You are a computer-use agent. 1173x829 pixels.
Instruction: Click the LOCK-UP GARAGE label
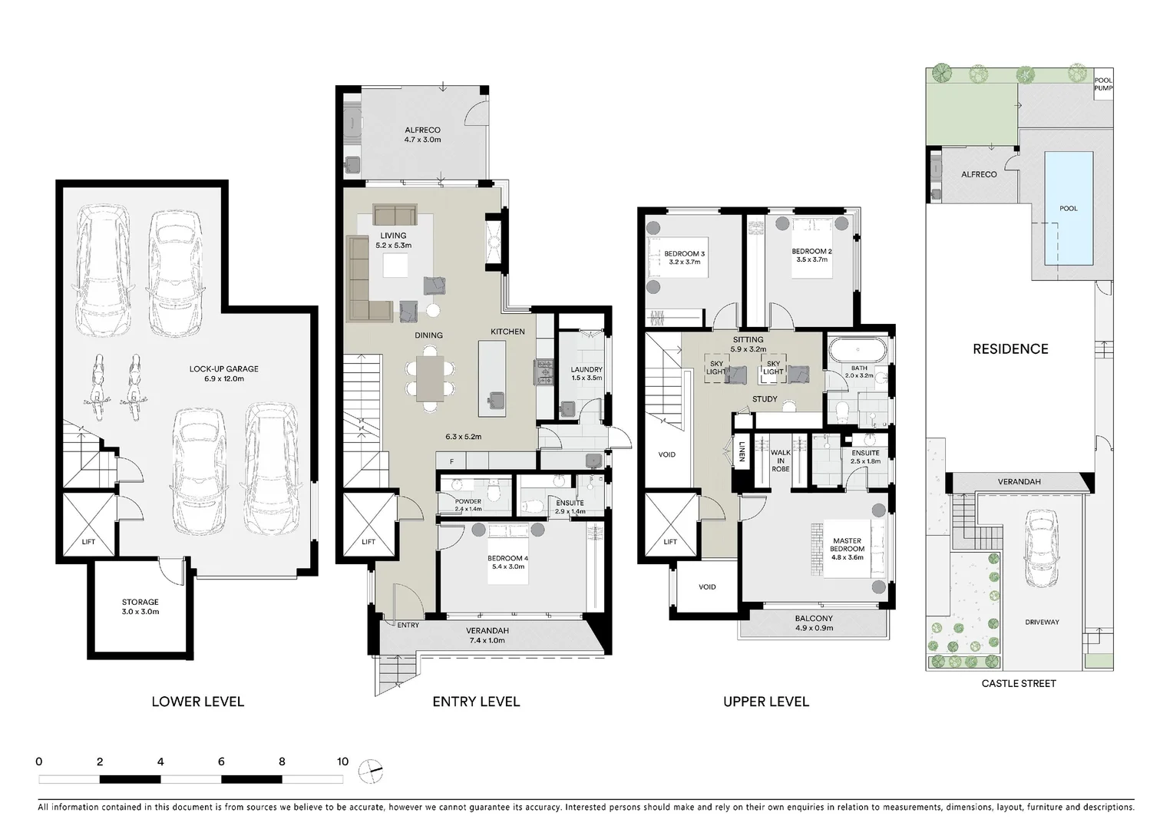(223, 374)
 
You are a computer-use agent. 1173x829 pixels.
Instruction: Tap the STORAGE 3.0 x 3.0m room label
(140, 606)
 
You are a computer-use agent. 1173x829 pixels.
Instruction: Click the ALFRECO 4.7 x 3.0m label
(422, 135)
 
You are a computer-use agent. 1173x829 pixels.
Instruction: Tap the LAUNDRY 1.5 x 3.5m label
(586, 373)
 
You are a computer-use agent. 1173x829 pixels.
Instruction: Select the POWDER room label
(468, 504)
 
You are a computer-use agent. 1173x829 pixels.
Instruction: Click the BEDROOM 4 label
(507, 563)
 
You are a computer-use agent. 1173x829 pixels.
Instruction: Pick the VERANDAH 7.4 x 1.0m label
(487, 635)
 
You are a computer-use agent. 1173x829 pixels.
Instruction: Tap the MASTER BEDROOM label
(847, 549)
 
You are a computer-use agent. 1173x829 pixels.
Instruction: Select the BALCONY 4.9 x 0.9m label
(814, 623)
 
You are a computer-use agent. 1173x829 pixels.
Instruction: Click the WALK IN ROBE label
(780, 461)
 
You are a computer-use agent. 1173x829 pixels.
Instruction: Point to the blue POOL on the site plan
(1068, 207)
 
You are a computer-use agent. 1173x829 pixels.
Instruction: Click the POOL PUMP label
(1103, 84)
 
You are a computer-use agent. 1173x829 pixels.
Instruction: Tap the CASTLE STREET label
(1019, 683)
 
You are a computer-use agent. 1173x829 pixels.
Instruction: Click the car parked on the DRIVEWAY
(1041, 550)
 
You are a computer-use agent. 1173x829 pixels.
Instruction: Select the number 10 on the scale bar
(342, 761)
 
